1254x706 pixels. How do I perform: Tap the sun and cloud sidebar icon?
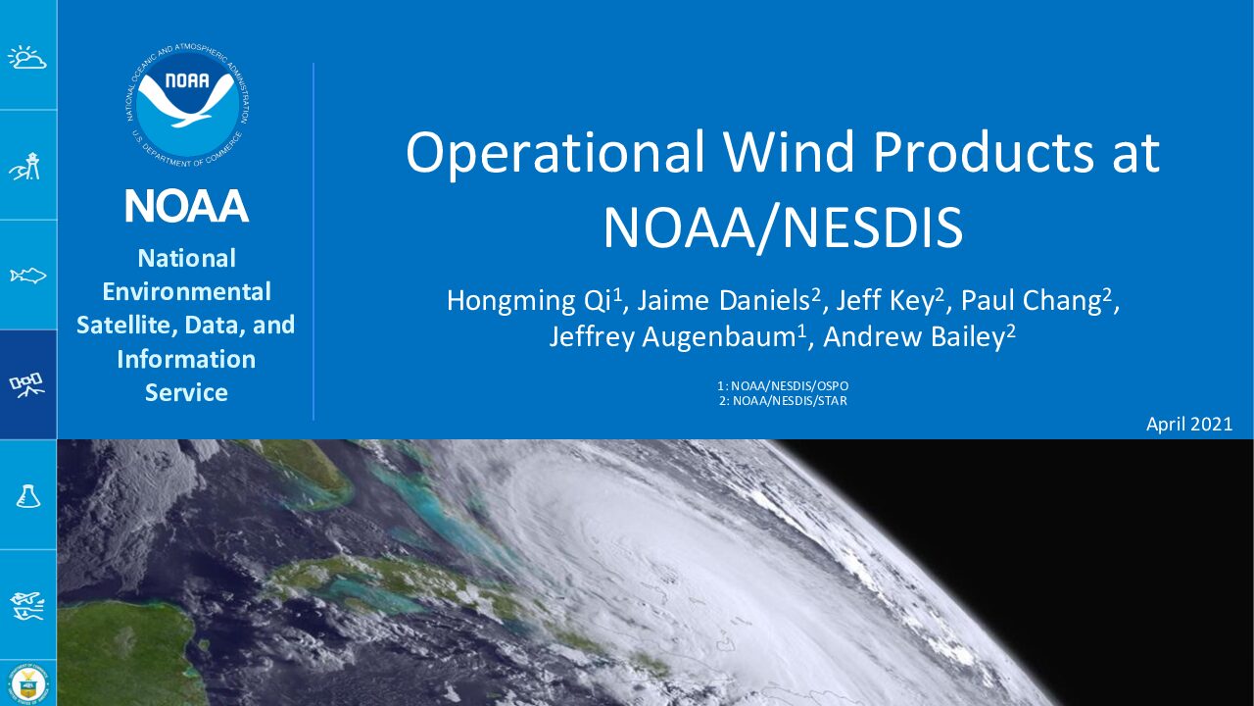pyautogui.click(x=26, y=57)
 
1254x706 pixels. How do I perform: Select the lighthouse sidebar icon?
pyautogui.click(x=26, y=166)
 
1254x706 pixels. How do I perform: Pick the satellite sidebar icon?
pyautogui.click(x=26, y=385)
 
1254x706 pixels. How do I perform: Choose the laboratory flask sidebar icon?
pyautogui.click(x=28, y=496)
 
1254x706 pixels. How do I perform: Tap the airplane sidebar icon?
pyautogui.click(x=26, y=606)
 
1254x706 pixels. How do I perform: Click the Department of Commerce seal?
pyautogui.click(x=28, y=683)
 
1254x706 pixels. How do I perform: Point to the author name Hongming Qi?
pyautogui.click(x=530, y=301)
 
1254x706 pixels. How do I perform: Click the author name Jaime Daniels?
pyautogui.click(x=724, y=300)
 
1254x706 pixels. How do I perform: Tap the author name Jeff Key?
pyautogui.click(x=885, y=301)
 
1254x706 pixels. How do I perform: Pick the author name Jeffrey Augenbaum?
pyautogui.click(x=672, y=336)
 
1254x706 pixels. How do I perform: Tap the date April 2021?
pyautogui.click(x=1189, y=425)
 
